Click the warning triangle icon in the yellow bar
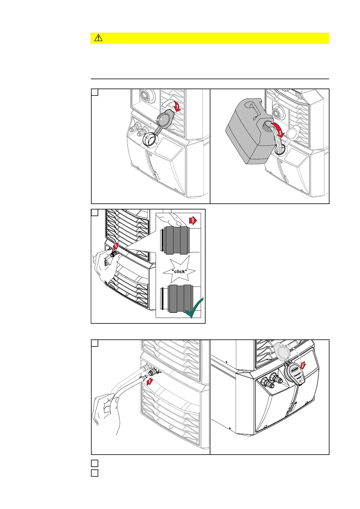click(99, 38)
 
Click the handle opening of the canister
click(251, 106)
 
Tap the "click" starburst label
click(179, 271)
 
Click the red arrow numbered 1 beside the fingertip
click(193, 221)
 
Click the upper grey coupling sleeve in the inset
click(177, 240)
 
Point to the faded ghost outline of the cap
click(283, 352)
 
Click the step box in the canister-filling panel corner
click(95, 92)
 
